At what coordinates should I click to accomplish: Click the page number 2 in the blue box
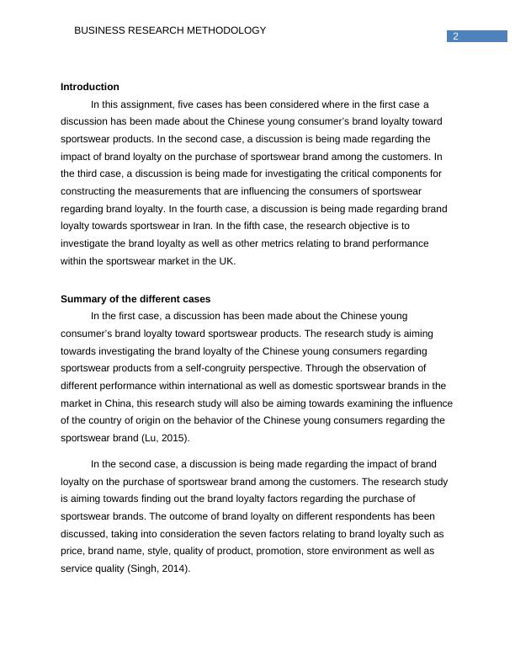pyautogui.click(x=456, y=36)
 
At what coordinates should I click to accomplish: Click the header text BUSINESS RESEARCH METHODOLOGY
pyautogui.click(x=170, y=30)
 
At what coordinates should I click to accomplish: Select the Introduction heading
pyautogui.click(x=90, y=87)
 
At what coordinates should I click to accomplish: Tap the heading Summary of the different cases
pyautogui.click(x=135, y=299)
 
